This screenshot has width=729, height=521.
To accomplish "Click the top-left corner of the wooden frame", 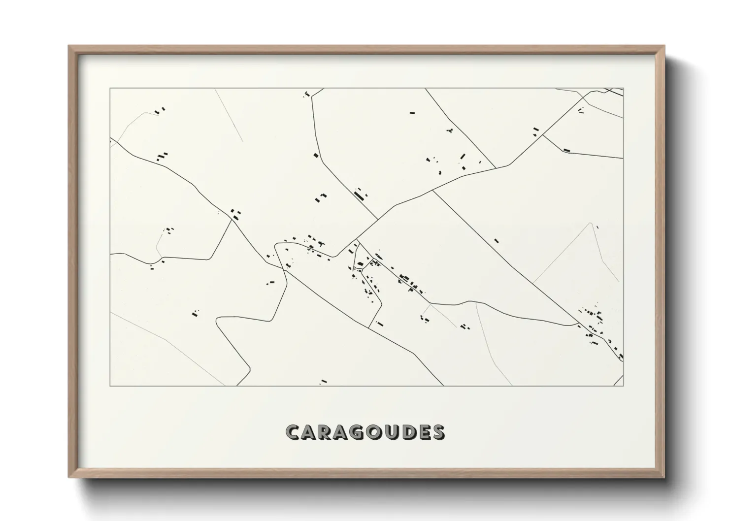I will coord(69,46).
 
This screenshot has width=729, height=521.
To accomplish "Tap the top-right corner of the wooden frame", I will coord(664,46).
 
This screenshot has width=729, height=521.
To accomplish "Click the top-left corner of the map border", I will coord(110,89).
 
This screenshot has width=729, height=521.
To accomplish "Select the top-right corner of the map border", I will coord(623,89).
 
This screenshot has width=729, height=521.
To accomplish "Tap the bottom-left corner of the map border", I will coord(110,386).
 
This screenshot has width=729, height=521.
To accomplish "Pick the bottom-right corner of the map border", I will coord(623,386).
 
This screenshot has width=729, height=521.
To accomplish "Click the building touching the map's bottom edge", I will coord(324,382).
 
